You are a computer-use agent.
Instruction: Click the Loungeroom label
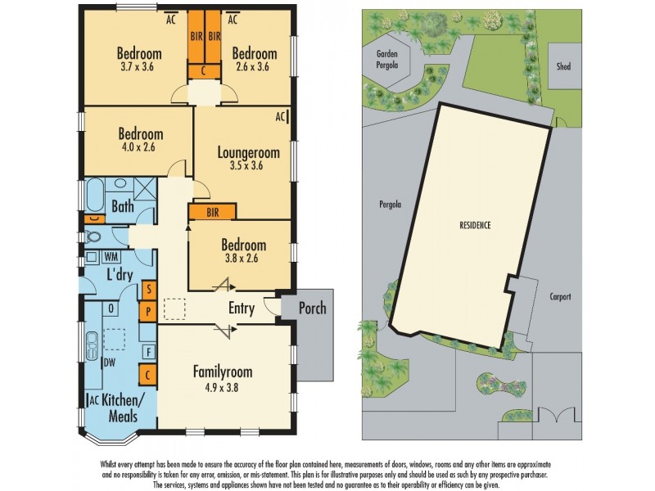pos(249,153)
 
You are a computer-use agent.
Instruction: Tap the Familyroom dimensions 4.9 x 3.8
pos(222,388)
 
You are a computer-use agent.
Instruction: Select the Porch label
pos(312,309)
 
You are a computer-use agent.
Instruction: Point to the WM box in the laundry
pos(111,256)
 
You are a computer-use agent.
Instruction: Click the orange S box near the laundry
pos(149,290)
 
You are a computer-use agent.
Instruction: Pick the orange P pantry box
pos(148,311)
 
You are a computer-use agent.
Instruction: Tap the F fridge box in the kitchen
pos(149,352)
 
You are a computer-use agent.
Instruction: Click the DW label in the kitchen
pos(110,363)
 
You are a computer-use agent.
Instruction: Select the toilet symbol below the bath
pos(93,237)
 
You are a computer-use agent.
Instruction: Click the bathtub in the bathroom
pos(94,196)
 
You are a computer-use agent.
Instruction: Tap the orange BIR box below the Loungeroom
pos(213,212)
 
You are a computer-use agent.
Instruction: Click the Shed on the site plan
pos(564,66)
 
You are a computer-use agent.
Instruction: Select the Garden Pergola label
pos(386,59)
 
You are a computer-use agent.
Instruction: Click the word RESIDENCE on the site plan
pos(475,226)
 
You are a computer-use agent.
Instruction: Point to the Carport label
pos(560,297)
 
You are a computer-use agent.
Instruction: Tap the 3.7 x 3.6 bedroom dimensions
pos(137,67)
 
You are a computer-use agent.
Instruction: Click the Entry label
pos(242,309)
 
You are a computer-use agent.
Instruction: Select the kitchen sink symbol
pos(92,345)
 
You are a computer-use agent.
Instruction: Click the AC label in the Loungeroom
pos(280,117)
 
